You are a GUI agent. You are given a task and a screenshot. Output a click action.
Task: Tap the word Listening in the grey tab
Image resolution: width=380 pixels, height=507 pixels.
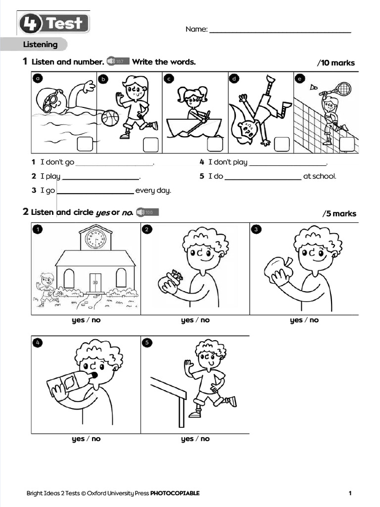pyautogui.click(x=40, y=45)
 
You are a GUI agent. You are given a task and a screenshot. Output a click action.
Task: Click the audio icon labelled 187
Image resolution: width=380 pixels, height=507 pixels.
pyautogui.click(x=118, y=61)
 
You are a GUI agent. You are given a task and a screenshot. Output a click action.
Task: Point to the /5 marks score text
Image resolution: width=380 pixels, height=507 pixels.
pyautogui.click(x=339, y=214)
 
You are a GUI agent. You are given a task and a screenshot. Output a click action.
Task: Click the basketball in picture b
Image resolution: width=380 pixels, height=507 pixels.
pyautogui.click(x=110, y=118)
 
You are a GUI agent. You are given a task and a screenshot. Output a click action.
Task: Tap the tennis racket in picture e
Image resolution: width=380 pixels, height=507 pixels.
pyautogui.click(x=341, y=89)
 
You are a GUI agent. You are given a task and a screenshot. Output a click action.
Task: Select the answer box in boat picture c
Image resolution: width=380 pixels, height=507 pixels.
pyautogui.click(x=215, y=144)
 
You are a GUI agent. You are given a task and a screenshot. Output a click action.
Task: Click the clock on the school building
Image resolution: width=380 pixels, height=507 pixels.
pyautogui.click(x=95, y=239)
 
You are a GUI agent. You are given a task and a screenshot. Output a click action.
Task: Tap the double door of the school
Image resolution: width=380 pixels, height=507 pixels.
pyautogui.click(x=95, y=283)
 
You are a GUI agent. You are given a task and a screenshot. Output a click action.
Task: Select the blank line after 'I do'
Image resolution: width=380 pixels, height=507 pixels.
pyautogui.click(x=263, y=178)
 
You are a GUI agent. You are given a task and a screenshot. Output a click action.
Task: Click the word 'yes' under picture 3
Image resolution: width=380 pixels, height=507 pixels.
pyautogui.click(x=296, y=320)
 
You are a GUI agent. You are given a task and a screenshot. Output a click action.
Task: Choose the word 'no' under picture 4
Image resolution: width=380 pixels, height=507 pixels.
pyautogui.click(x=96, y=439)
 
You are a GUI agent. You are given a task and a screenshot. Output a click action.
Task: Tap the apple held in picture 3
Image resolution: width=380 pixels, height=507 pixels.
pyautogui.click(x=278, y=269)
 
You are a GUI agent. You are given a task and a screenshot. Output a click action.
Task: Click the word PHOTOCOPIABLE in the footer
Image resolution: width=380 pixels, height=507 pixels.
pyautogui.click(x=175, y=493)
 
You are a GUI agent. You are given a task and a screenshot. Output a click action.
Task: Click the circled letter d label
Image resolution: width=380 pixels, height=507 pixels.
pyautogui.click(x=234, y=79)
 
